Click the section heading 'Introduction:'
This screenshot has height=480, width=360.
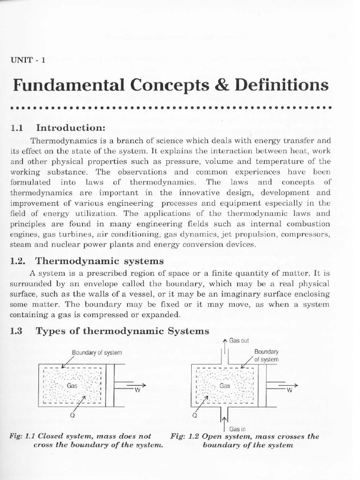[x=71, y=128]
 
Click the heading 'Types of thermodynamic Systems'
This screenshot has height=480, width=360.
[x=122, y=331]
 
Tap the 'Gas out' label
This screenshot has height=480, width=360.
[x=239, y=341]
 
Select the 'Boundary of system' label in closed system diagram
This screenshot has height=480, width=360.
[x=97, y=352]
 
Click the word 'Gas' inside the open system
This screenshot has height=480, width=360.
[x=225, y=385]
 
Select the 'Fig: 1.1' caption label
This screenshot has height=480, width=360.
[x=21, y=436]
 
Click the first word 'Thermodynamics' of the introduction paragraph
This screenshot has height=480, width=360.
[x=56, y=140]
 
